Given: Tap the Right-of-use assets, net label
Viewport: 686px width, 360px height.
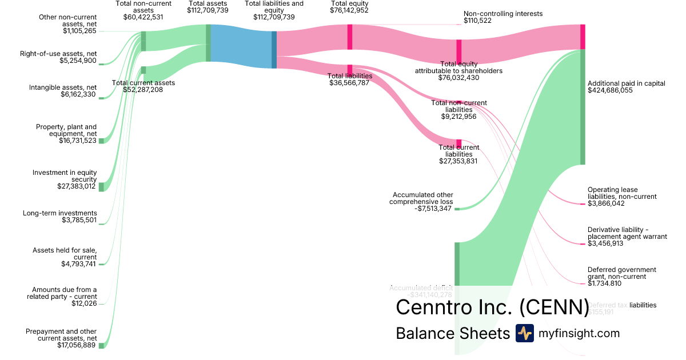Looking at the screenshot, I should point(58,54).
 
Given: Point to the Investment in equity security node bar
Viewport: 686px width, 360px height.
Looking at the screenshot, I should point(101,187).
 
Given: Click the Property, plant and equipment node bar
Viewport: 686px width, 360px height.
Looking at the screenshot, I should point(101,141).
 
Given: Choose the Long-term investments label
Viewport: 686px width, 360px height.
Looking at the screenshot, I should point(60,213).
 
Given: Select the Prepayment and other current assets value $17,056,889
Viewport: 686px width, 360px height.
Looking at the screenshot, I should point(77,345).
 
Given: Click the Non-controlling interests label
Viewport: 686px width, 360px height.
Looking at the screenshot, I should point(503,14).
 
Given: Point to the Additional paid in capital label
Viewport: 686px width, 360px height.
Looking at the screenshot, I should point(627,83).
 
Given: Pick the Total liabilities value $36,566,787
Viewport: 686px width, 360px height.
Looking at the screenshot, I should point(349,83).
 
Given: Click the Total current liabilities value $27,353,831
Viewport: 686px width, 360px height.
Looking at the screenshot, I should point(458,161).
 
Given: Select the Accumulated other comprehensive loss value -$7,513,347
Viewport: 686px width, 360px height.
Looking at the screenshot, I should point(433,209).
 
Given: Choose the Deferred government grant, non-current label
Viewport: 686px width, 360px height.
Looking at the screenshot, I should point(622,273).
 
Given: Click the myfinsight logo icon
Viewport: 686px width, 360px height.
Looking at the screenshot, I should point(524,333).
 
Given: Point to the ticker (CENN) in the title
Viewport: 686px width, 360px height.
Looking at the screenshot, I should point(553,307).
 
